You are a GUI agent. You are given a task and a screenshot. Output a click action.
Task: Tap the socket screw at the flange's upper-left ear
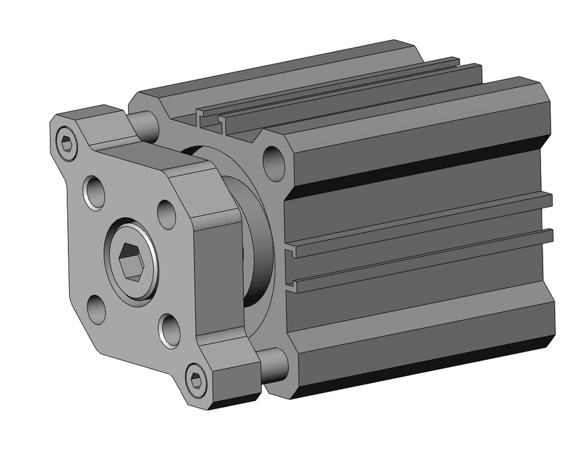pos(67,143)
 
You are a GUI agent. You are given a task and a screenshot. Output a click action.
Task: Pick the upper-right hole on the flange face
pos(167,214)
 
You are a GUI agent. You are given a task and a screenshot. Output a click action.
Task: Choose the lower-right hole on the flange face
pos(170,330)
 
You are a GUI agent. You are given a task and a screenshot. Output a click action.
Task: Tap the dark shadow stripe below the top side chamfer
pos(421,169)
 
